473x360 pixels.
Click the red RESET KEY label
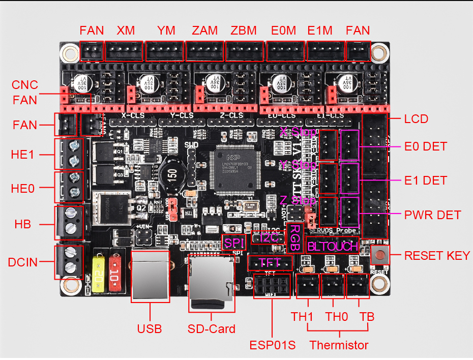pos(437,255)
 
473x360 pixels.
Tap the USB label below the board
pos(150,328)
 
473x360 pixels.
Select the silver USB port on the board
pos(151,277)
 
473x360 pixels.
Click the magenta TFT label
pos(270,263)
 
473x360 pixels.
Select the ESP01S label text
pos(273,345)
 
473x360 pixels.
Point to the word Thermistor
pos(339,345)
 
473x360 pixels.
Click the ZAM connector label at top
pos(205,31)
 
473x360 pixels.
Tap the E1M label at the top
pos(322,31)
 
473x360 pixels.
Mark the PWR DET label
pos(432,215)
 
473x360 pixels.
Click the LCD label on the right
pos(416,119)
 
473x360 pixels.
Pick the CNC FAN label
pos(25,92)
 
